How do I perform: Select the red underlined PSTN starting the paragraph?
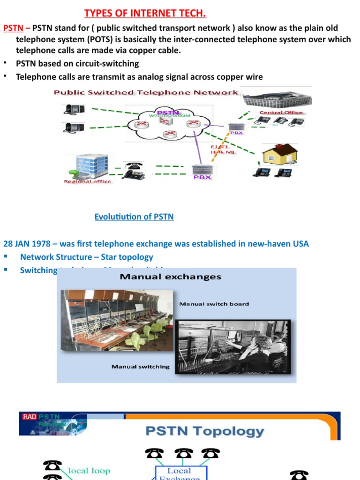(13, 28)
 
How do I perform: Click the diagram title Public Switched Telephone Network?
(146, 93)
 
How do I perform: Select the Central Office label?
(281, 112)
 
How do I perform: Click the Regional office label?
(88, 181)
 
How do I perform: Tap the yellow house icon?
(279, 154)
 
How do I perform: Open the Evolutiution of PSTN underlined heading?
(134, 217)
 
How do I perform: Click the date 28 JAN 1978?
(30, 244)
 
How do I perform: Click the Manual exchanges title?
(170, 277)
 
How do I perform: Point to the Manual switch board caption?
(214, 304)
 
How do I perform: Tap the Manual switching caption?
(141, 367)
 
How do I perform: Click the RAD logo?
(29, 416)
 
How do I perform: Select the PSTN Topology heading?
(204, 431)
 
